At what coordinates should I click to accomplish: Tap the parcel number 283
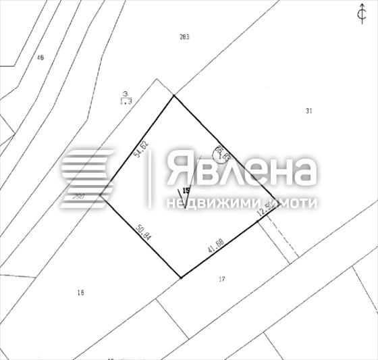pos(184,36)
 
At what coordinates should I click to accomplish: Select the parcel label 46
pos(40,57)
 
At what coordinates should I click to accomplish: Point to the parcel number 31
pos(308,111)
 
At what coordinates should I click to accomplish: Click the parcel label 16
pos(80,292)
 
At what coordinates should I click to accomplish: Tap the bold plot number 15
pos(186,191)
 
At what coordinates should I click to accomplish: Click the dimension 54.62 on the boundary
pos(140,149)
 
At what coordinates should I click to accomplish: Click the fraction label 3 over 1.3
pos(124,97)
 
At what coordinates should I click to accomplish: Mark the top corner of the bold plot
pos(175,95)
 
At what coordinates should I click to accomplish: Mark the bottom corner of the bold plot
pos(181,277)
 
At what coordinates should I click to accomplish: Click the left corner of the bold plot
pos(101,196)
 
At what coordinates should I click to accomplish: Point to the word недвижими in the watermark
pos(202,203)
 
